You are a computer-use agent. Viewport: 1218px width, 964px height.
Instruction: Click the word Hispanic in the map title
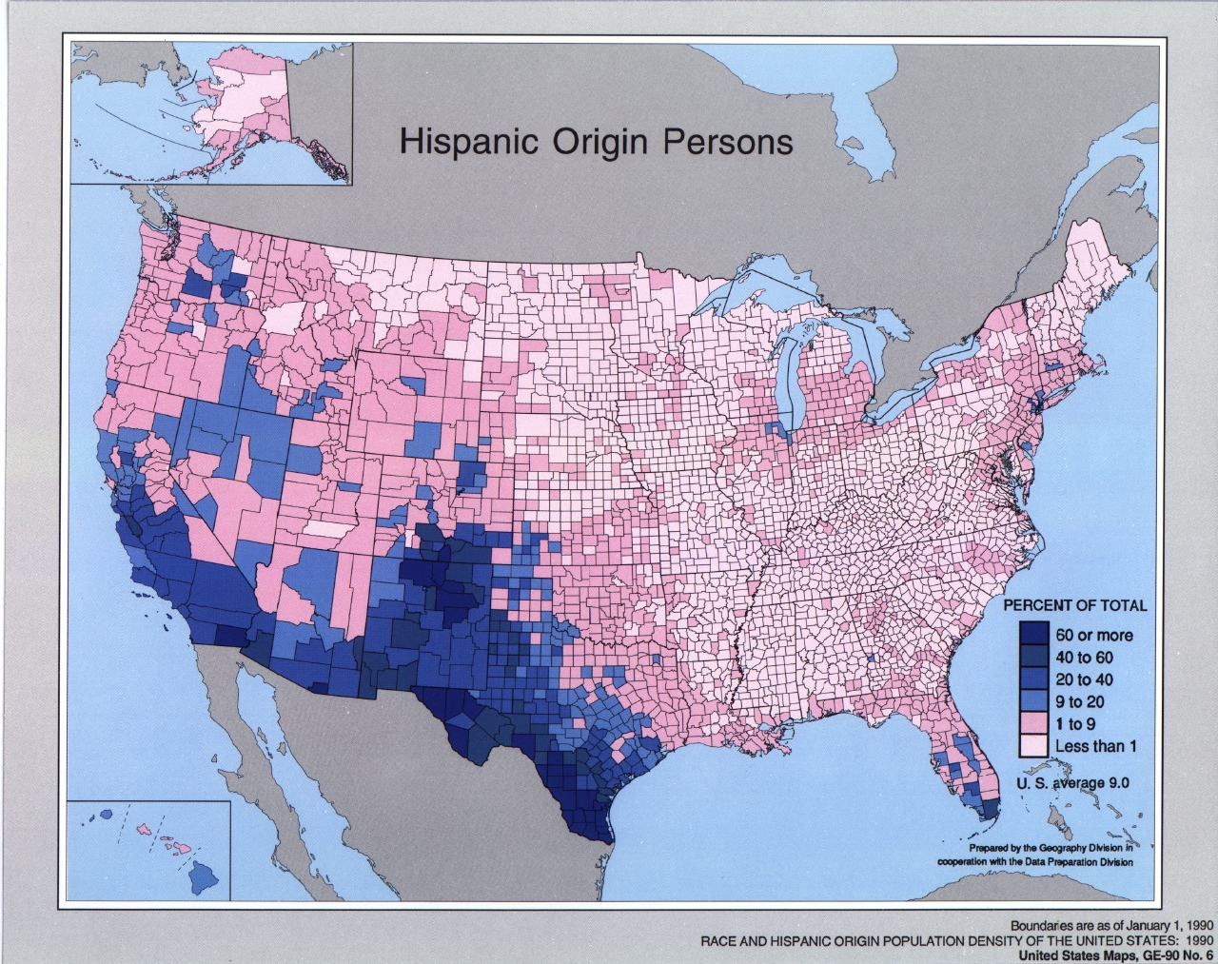461,141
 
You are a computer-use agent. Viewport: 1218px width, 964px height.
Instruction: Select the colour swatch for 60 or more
1033,635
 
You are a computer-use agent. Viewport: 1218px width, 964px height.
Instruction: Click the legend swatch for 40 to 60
1033,657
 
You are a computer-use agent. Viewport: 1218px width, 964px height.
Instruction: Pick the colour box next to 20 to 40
1033,679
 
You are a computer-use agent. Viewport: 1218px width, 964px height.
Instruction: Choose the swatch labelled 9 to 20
1033,701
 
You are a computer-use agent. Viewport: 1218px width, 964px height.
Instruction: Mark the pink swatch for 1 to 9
1033,723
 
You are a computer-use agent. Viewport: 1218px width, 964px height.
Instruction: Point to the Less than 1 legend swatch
1033,745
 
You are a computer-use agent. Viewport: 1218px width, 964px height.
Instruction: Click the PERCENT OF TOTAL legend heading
1075,605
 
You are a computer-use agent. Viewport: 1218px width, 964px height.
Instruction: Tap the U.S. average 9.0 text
1073,783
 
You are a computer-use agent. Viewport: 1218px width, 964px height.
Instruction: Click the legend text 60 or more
1094,635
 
